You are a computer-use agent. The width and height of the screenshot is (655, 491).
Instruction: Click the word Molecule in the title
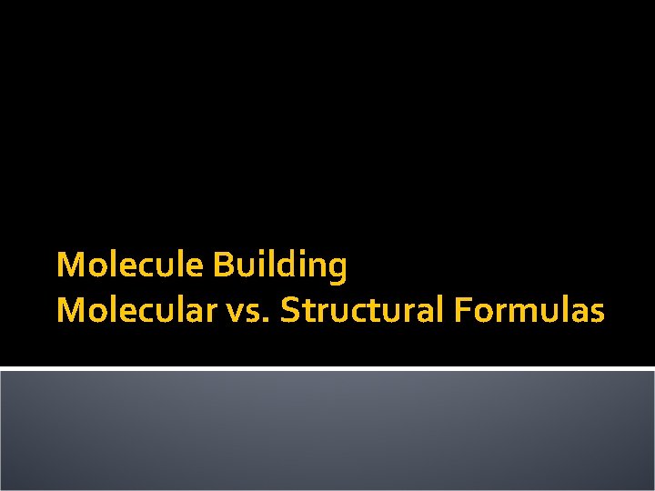coord(131,266)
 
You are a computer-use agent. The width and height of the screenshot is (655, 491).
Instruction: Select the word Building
coord(280,266)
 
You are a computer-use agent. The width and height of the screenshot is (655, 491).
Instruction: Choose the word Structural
coord(360,311)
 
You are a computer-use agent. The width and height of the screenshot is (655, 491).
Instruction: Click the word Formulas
coord(527,311)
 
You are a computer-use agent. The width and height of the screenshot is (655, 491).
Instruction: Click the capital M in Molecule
coord(68,266)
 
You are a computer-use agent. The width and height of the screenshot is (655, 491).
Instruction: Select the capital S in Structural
coord(290,311)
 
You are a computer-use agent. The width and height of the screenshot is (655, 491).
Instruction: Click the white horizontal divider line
coord(327,368)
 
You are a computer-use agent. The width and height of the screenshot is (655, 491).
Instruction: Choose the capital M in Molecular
coord(68,311)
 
